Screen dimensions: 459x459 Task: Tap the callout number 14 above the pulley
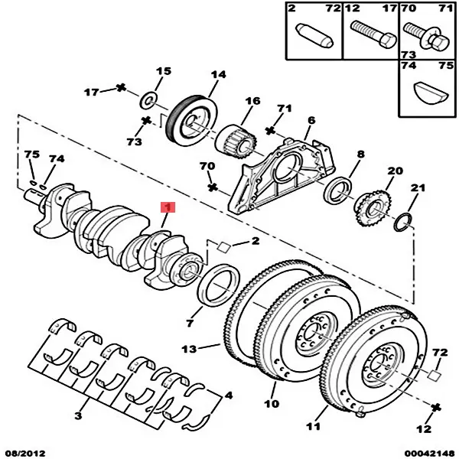219,75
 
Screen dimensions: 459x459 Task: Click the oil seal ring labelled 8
338,188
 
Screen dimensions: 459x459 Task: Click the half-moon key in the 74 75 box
427,92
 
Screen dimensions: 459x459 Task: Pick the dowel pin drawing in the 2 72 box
313,34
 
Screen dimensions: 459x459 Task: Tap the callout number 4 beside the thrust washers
227,398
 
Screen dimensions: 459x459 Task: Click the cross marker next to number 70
213,186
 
